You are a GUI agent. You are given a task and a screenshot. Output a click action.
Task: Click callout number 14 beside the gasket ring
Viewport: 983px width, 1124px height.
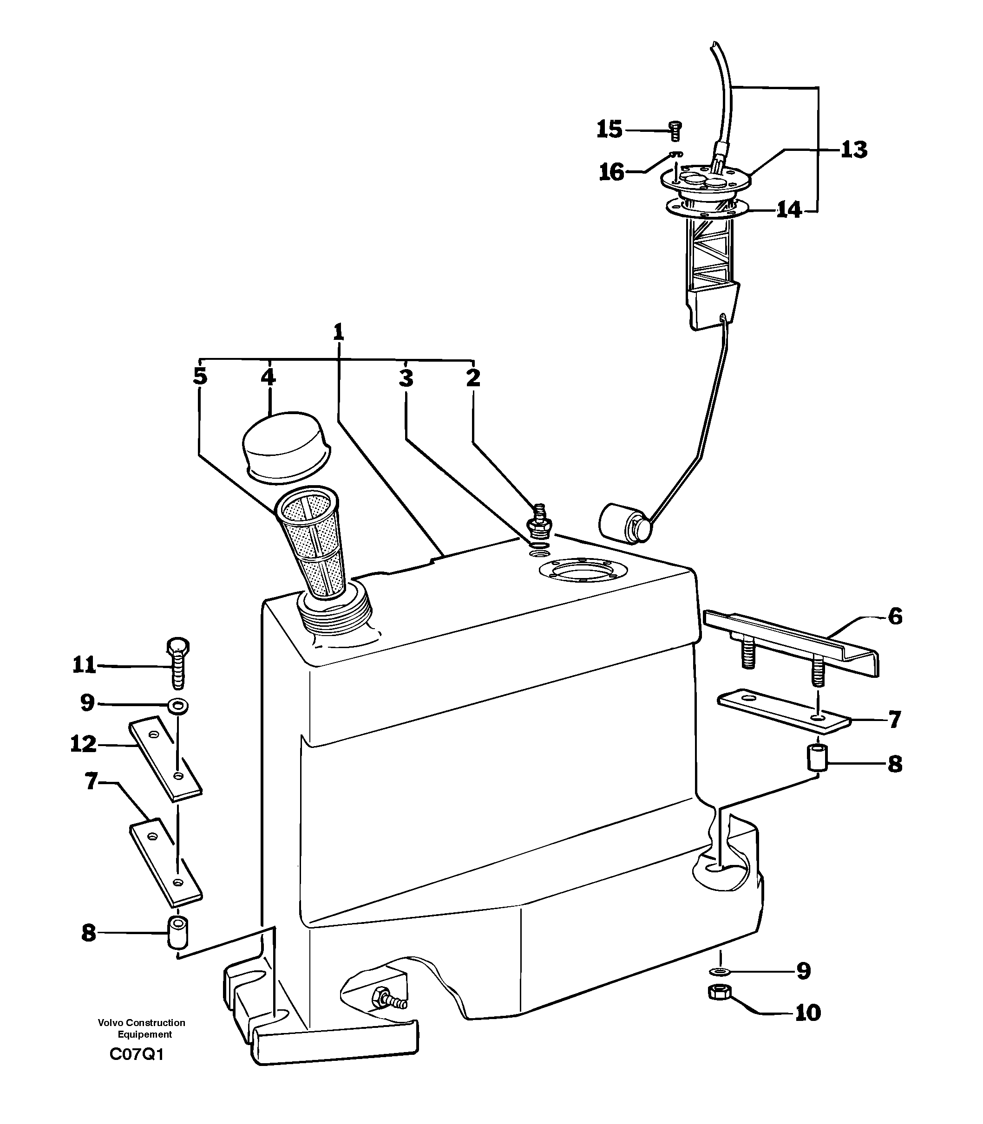click(789, 210)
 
